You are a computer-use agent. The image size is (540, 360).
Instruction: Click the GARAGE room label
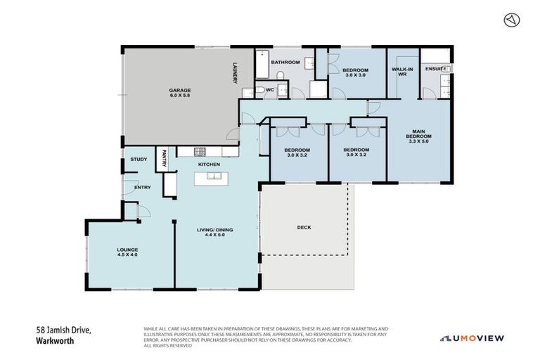[179, 90]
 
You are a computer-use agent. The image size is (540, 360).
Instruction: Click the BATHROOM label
[285, 63]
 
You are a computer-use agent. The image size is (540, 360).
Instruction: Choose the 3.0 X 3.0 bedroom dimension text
[355, 75]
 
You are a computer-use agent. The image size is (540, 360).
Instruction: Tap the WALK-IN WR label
[402, 72]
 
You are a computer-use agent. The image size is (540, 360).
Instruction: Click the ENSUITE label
[435, 69]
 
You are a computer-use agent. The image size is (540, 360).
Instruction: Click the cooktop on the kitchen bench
[200, 151]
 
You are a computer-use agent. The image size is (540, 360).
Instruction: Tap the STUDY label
[139, 159]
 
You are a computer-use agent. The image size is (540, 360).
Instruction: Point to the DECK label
[304, 228]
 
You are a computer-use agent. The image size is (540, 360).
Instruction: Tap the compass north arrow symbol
[511, 20]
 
